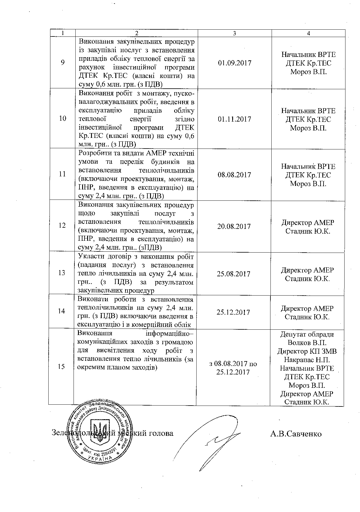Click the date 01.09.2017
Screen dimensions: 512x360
[235, 63]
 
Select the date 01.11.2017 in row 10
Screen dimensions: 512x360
[235, 119]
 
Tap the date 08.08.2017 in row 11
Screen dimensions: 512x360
[234, 175]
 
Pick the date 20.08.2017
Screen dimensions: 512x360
[234, 227]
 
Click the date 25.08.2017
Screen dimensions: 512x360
[233, 274]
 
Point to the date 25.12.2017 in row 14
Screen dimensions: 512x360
[233, 312]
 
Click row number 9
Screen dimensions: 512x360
[63, 63]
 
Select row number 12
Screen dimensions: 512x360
[62, 226]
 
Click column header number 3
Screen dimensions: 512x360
[235, 34]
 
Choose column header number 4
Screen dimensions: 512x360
[308, 34]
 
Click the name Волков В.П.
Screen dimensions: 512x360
[307, 343]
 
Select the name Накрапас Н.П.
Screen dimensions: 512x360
[307, 360]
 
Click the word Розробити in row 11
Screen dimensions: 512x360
[95, 153]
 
